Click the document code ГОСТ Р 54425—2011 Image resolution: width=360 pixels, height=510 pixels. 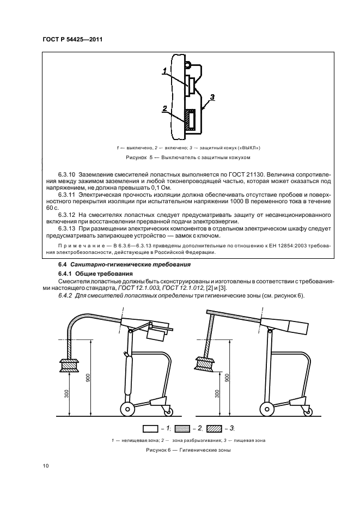(x=72, y=39)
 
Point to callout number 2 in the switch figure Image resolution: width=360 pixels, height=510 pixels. (x=164, y=108)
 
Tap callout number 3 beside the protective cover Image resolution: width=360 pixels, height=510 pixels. (x=213, y=97)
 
